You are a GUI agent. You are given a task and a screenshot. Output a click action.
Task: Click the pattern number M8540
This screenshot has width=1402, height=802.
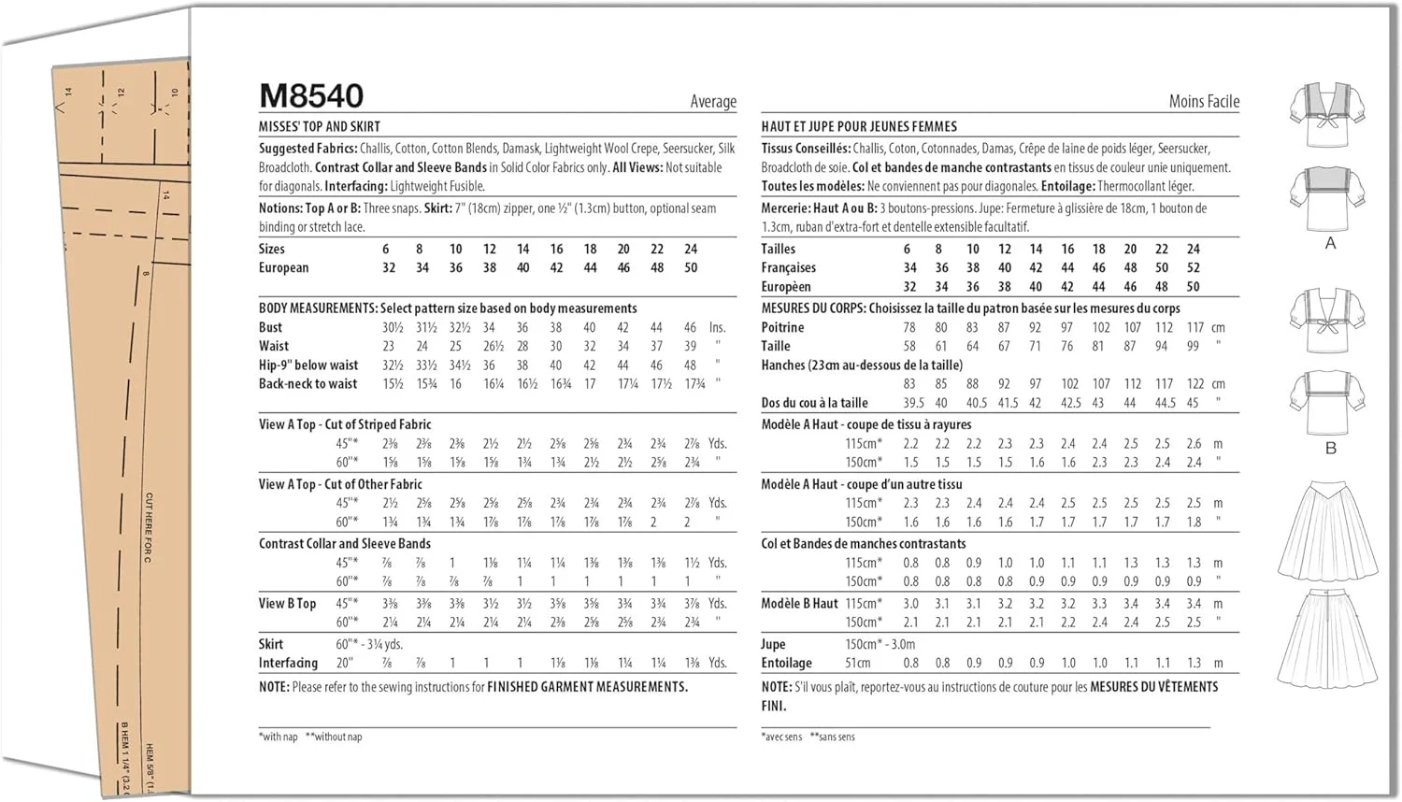(310, 95)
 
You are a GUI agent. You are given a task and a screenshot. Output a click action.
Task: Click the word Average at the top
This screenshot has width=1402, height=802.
(713, 101)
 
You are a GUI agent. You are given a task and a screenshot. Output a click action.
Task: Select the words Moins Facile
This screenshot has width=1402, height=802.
(1204, 101)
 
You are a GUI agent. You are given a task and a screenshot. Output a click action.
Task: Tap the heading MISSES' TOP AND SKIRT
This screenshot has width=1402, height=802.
(320, 126)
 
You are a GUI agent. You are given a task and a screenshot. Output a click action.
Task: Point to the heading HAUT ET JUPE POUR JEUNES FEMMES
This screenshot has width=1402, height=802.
(859, 126)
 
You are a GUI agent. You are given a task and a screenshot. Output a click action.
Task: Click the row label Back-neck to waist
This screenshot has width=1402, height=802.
(308, 383)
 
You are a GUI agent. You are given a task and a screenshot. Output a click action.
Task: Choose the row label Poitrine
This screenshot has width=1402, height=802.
(782, 327)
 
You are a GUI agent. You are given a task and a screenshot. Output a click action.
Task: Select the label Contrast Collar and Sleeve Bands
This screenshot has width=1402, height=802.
(345, 543)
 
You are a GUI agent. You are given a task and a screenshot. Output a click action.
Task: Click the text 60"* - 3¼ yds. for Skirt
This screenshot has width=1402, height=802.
(369, 644)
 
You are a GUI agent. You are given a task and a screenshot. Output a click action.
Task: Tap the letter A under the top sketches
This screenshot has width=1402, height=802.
(1330, 243)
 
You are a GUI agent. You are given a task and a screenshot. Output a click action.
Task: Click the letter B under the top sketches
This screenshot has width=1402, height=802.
(1330, 448)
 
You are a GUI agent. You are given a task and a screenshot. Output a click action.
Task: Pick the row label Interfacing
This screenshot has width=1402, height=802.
(288, 663)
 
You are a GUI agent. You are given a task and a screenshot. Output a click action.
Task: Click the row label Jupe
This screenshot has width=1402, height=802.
(773, 644)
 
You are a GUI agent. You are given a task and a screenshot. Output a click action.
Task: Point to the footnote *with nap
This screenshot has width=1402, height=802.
(279, 737)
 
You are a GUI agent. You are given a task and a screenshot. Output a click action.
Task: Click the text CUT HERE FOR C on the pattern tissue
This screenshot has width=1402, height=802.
(148, 528)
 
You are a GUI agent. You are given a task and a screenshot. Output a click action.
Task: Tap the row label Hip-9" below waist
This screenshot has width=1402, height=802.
(308, 365)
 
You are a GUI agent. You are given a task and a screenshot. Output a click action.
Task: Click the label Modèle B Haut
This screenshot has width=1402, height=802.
(799, 603)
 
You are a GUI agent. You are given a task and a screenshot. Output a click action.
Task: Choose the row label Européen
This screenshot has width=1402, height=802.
(785, 286)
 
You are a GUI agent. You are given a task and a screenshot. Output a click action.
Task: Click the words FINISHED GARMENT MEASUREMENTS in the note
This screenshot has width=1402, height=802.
(587, 686)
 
